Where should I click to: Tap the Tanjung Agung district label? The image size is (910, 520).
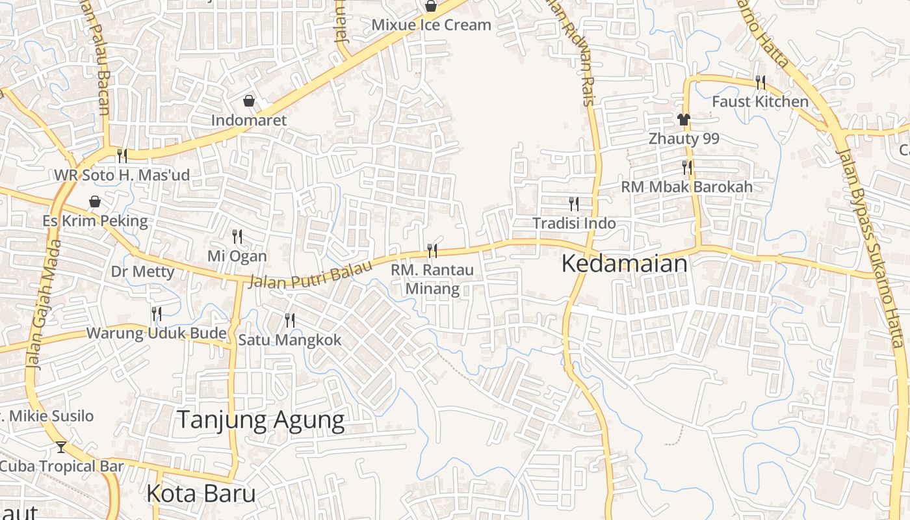pyautogui.click(x=260, y=421)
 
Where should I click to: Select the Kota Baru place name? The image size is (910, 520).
pyautogui.click(x=201, y=494)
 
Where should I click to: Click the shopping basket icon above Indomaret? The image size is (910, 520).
pyautogui.click(x=248, y=101)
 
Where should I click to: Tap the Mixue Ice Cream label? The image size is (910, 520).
pyautogui.click(x=431, y=25)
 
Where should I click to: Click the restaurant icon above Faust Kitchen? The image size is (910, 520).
pyautogui.click(x=760, y=82)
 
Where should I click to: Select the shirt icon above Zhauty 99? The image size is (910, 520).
pyautogui.click(x=683, y=120)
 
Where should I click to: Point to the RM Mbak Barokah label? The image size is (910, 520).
pyautogui.click(x=686, y=187)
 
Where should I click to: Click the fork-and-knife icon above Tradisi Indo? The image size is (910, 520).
pyautogui.click(x=574, y=204)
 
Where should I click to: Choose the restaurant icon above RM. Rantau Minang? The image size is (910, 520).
pyautogui.click(x=432, y=250)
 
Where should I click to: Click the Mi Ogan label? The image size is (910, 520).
pyautogui.click(x=237, y=256)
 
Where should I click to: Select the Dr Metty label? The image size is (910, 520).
pyautogui.click(x=142, y=272)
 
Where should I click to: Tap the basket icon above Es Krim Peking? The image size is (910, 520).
pyautogui.click(x=95, y=202)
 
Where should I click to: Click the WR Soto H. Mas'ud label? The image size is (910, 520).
pyautogui.click(x=122, y=175)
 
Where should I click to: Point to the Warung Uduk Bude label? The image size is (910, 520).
pyautogui.click(x=156, y=334)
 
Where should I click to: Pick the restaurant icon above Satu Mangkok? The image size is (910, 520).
pyautogui.click(x=289, y=320)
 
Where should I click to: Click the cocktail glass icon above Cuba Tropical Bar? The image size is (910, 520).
pyautogui.click(x=61, y=447)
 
